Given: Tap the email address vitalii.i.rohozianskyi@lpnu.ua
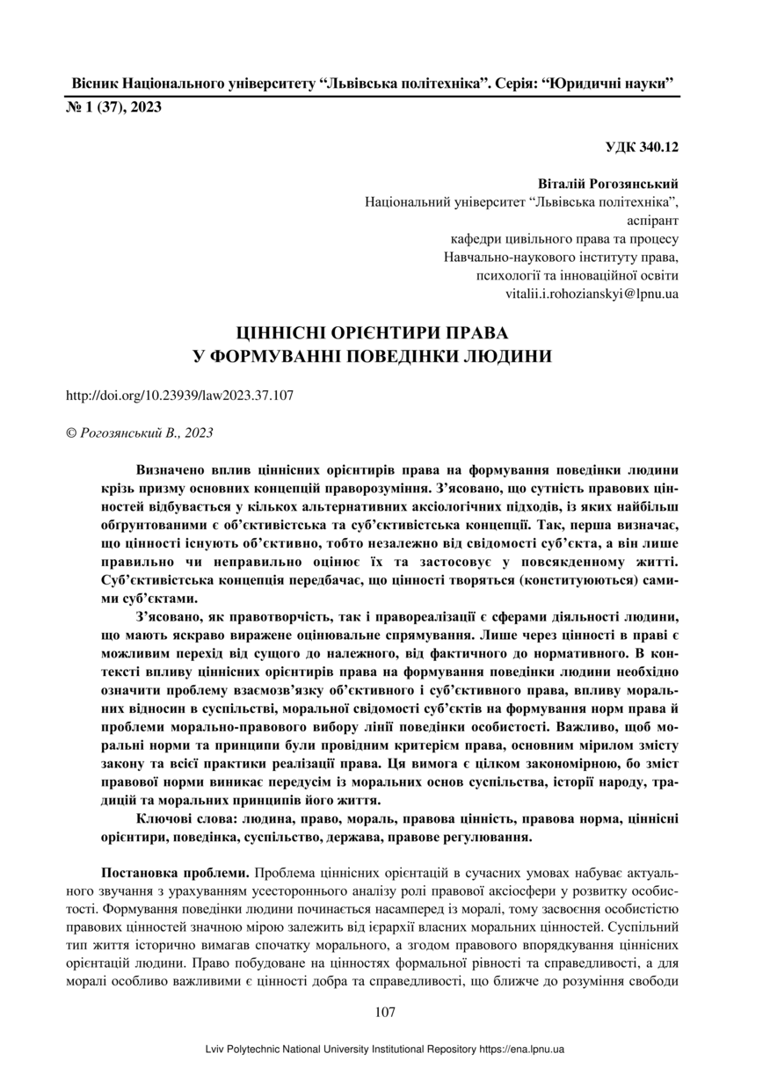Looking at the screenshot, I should [x=592, y=293].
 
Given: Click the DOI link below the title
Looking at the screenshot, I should [x=180, y=396].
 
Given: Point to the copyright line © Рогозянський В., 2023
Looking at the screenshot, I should [x=140, y=432].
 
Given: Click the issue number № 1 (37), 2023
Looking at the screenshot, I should [x=113, y=108].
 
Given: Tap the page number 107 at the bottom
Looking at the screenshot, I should [x=384, y=1012].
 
